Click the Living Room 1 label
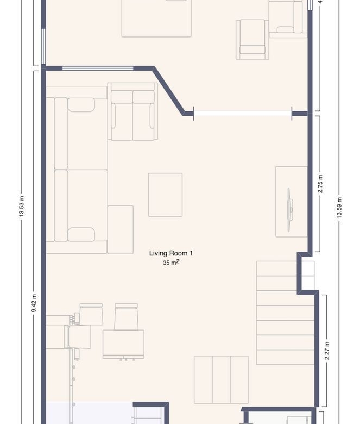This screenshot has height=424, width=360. point(171,253)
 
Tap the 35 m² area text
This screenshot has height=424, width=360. point(171,263)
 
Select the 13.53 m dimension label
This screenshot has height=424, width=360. point(22,206)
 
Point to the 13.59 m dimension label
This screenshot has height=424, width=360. point(339,208)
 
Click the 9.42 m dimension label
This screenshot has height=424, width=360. point(34,303)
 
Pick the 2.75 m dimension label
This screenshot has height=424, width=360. point(320,184)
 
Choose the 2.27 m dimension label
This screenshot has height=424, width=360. point(327,351)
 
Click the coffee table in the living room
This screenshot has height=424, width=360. point(165,195)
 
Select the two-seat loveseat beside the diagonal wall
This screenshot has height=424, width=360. point(132,111)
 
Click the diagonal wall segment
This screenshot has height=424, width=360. point(168,91)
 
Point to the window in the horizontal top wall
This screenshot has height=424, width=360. point(98,68)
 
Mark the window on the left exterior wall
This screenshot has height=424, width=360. point(43,46)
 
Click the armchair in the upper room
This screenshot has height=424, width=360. point(252,39)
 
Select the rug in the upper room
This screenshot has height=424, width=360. point(156,18)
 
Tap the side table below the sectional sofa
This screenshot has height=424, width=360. point(121,229)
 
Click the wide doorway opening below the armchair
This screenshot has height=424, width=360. point(243,114)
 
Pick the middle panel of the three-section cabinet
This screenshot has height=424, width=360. point(221,379)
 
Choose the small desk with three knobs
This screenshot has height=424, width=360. point(123,345)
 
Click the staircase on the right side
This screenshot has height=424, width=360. point(285,313)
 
